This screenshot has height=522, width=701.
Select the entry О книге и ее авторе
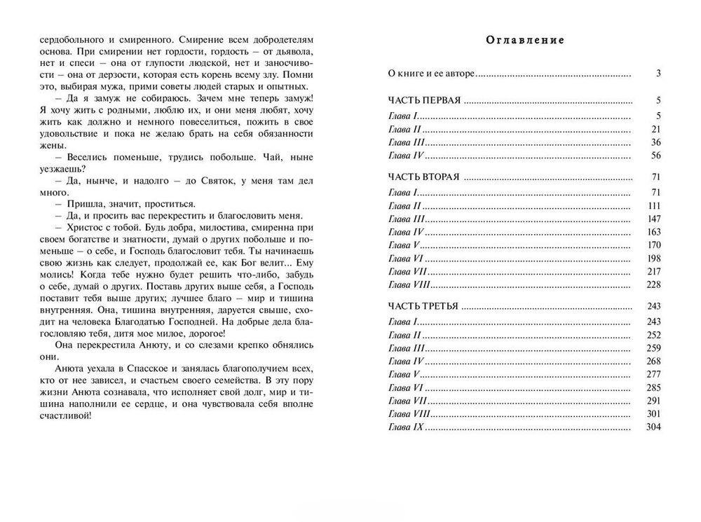[x=432, y=73]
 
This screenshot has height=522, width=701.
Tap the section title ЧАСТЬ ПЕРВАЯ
[x=424, y=101]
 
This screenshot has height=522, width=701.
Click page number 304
[x=653, y=427]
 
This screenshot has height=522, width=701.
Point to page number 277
[x=653, y=374]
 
